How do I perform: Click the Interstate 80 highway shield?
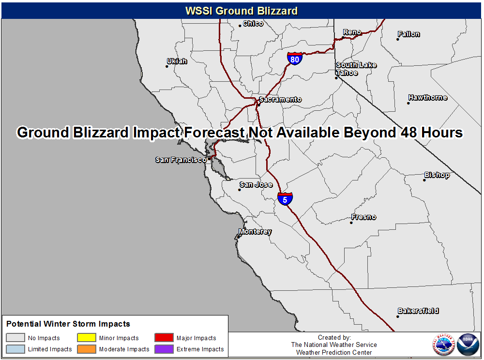coord(294,59)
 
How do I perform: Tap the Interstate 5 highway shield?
coord(285,199)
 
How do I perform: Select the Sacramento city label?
coord(280,99)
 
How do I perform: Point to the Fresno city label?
coord(363,217)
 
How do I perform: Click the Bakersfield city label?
coord(418,311)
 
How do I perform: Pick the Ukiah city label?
coord(177,61)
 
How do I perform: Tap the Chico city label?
coord(253,23)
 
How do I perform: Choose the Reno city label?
coord(352,32)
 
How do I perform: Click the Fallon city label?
coord(408,34)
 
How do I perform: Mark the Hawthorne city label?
coord(428,97)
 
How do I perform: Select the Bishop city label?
coord(437,175)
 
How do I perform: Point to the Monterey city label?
coord(255,231)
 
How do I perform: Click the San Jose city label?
coord(256,184)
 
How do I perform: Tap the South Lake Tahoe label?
coord(356,69)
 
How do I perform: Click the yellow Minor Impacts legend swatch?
coord(87,337)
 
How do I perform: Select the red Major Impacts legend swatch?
coord(164,337)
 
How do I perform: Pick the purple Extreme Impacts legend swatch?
coord(164,349)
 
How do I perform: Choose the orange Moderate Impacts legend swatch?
coord(87,349)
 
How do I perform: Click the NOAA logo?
coord(468,344)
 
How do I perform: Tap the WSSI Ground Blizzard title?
coord(242,11)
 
